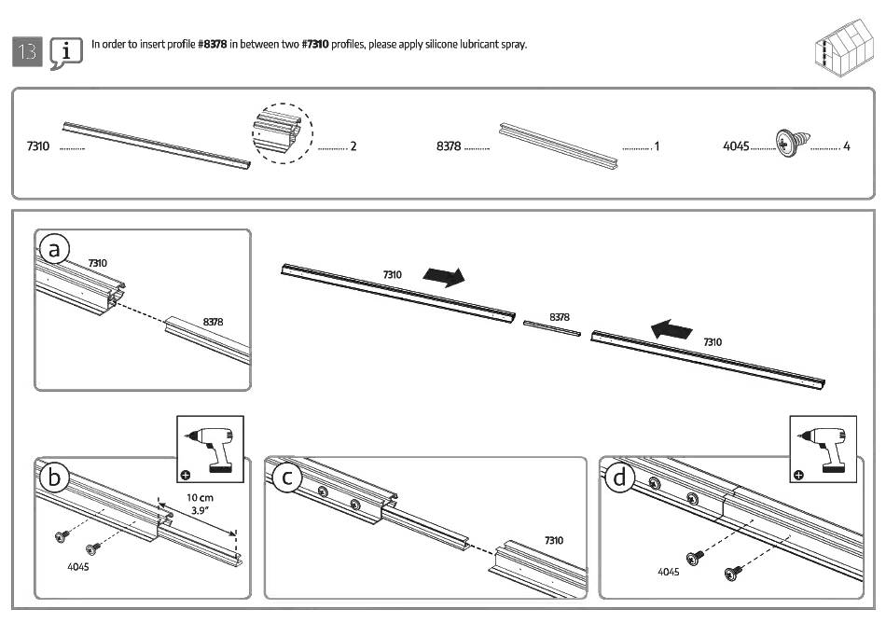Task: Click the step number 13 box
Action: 27,51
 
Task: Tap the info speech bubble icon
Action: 65,53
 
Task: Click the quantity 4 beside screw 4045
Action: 846,146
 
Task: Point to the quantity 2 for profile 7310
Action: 353,146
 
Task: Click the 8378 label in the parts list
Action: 449,146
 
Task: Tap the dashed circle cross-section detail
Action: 283,133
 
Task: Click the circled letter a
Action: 55,249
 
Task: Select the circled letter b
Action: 54,478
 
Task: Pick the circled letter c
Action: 288,478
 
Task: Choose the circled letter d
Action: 620,478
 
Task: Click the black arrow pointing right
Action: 443,276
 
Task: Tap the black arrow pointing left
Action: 672,328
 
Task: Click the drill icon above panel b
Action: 210,449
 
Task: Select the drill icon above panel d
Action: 824,449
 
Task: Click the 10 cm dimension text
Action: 200,498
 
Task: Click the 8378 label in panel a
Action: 213,322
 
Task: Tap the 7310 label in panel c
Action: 553,540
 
